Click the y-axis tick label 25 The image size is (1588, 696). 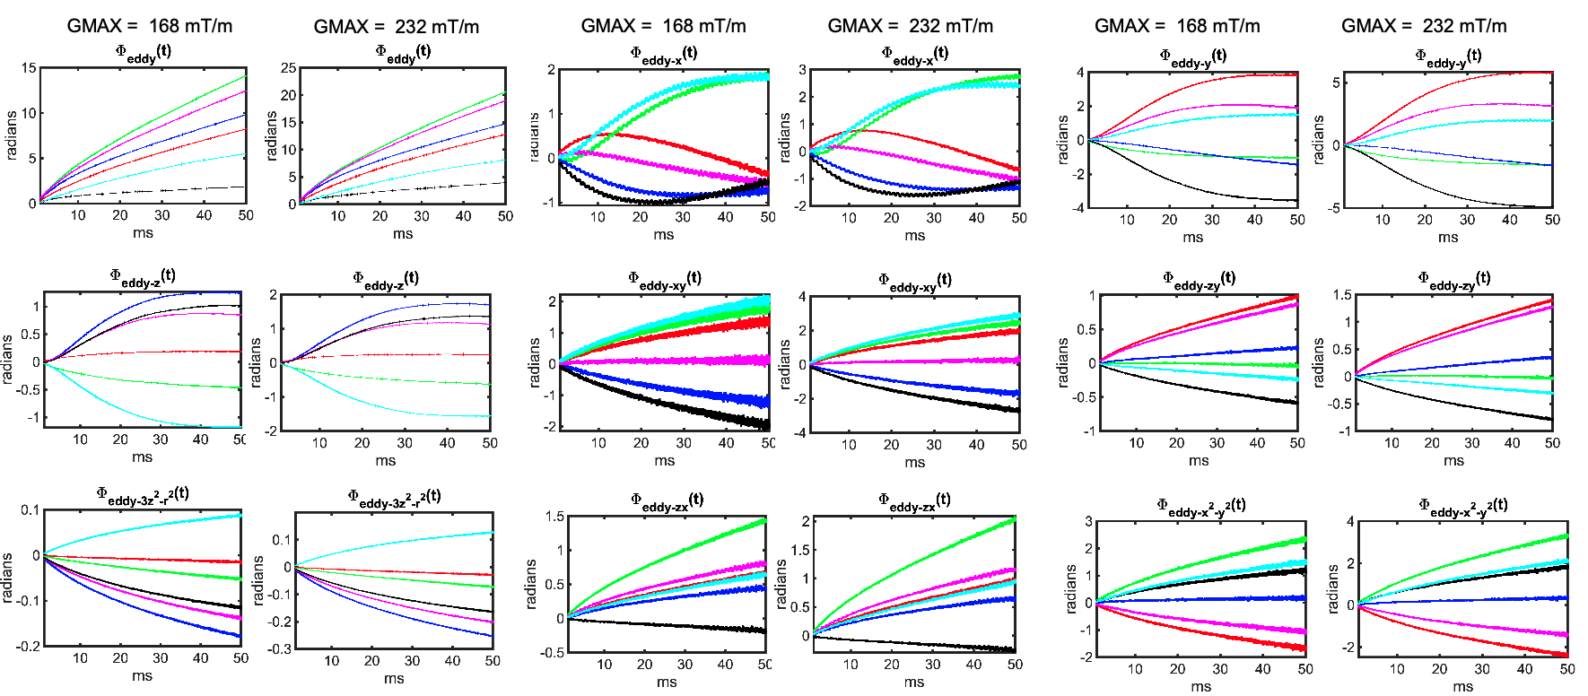(288, 68)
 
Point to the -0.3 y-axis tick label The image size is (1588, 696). (281, 648)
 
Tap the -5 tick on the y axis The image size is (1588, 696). (1335, 208)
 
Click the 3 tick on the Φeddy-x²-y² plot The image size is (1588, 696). (1088, 521)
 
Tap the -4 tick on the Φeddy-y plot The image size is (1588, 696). (1080, 208)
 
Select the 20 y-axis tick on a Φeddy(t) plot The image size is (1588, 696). (288, 95)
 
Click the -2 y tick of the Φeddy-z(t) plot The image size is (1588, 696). (272, 431)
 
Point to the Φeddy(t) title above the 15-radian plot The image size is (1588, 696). (143, 53)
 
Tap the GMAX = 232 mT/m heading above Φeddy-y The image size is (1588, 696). (1424, 26)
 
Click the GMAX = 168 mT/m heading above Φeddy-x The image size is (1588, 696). (663, 26)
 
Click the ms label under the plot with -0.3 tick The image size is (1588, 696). (394, 679)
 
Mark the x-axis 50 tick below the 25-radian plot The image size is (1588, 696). (505, 216)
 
